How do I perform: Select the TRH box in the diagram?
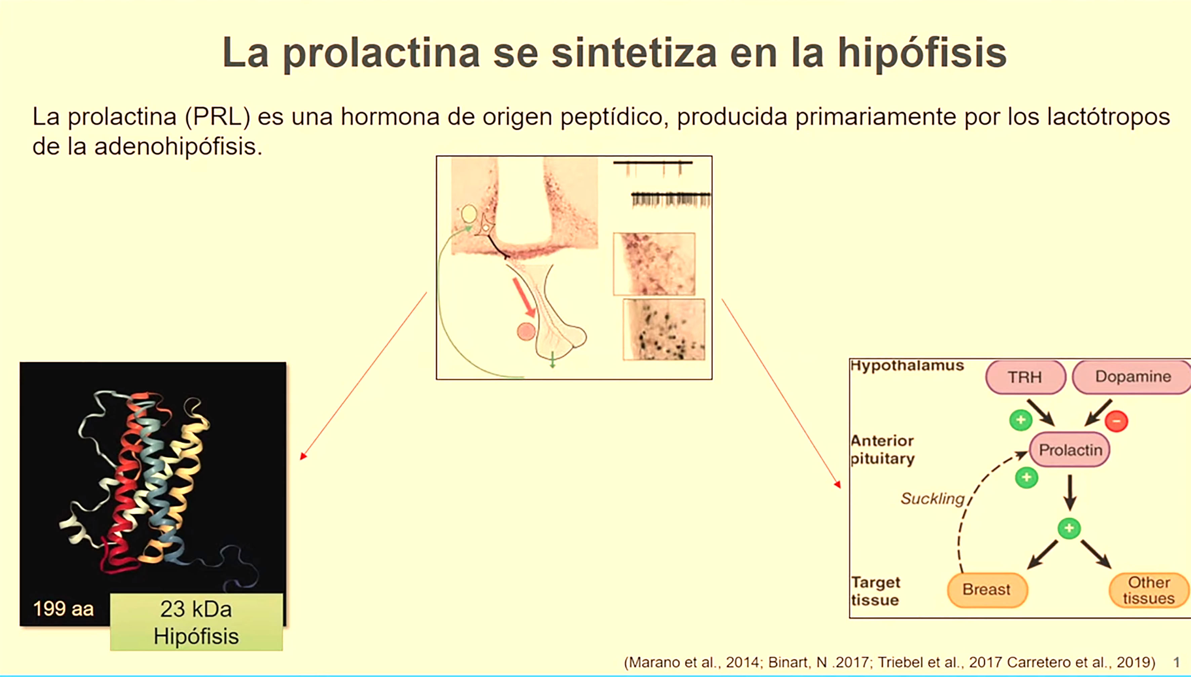pyautogui.click(x=1025, y=377)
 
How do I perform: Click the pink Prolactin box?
pyautogui.click(x=1070, y=450)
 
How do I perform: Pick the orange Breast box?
pyautogui.click(x=987, y=590)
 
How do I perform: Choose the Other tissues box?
pyautogui.click(x=1149, y=590)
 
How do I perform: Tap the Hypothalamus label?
pyautogui.click(x=907, y=365)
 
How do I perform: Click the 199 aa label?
pyautogui.click(x=63, y=608)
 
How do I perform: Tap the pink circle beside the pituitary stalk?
pyautogui.click(x=526, y=331)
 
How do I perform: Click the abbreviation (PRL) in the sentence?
pyautogui.click(x=218, y=117)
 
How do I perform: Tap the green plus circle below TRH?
pyautogui.click(x=1021, y=420)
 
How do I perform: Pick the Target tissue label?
pyautogui.click(x=875, y=591)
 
